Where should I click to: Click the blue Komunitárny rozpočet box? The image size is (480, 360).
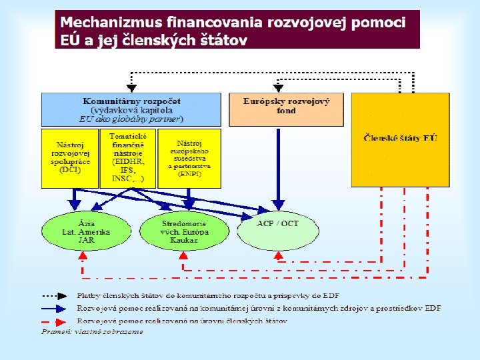131,109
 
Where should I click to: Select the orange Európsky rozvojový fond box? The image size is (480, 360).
286,109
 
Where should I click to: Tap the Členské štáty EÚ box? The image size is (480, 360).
400,139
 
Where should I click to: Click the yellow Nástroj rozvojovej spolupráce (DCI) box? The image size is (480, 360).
69,158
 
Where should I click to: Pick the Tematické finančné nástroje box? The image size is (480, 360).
128,158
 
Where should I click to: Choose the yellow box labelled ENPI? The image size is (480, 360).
189,158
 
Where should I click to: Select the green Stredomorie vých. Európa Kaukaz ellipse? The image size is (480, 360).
184,232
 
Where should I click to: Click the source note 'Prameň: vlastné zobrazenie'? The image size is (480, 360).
92,331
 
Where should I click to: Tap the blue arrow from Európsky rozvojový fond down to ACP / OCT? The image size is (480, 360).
279,167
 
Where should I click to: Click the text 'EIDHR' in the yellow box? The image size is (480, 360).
128,161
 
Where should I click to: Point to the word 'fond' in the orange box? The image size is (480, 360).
286,111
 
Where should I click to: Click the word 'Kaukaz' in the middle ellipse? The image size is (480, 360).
184,240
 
